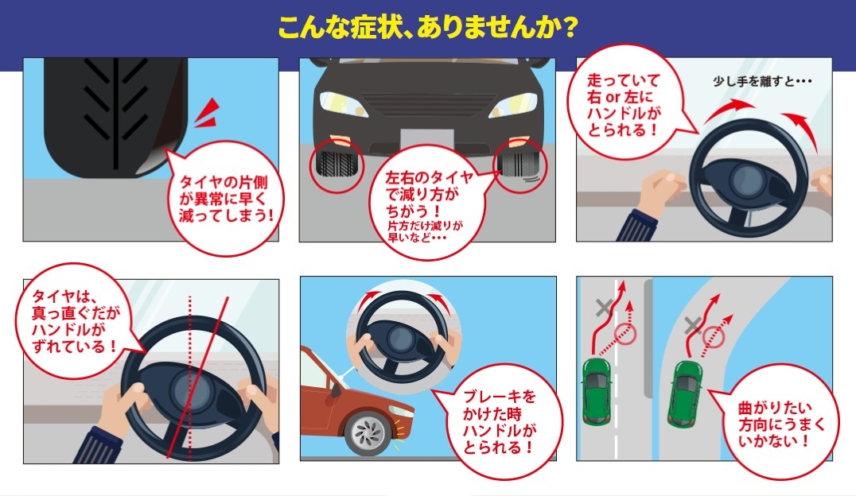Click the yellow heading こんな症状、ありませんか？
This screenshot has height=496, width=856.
coord(427,27)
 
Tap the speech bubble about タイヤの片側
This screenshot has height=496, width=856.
coord(223,198)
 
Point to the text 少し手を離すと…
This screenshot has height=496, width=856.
coord(761,81)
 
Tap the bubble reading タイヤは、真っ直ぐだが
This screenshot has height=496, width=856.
coord(76,322)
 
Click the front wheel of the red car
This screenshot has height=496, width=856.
coord(369,434)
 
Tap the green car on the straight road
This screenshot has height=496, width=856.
coord(596,391)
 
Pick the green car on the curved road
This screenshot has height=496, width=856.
coord(684,393)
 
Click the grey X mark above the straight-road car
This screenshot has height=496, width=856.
coord(603,308)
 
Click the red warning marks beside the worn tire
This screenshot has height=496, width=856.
coord(208,114)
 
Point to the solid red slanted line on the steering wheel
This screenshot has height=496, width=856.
coord(197,378)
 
